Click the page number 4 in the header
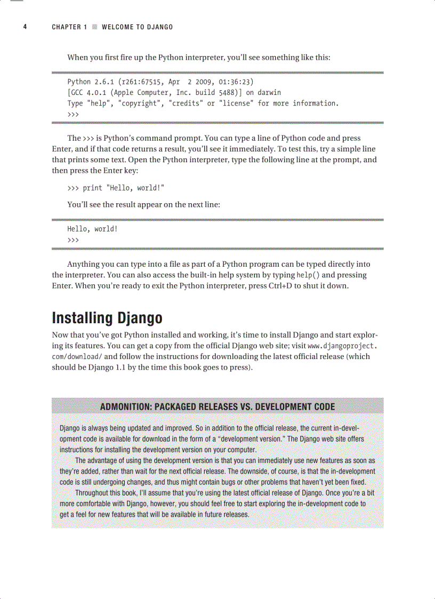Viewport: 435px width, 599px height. pyautogui.click(x=25, y=27)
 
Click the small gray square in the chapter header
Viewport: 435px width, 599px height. pyautogui.click(x=94, y=27)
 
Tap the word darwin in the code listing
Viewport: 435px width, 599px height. pyautogui.click(x=269, y=93)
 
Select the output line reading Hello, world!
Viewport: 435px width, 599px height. pyautogui.click(x=92, y=229)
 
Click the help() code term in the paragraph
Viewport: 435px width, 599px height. pyautogui.click(x=308, y=275)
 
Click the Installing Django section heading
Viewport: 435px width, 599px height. pyautogui.click(x=107, y=318)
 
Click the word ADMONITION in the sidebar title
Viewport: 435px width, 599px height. pyautogui.click(x=124, y=407)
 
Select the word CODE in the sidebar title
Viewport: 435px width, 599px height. pyautogui.click(x=324, y=407)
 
